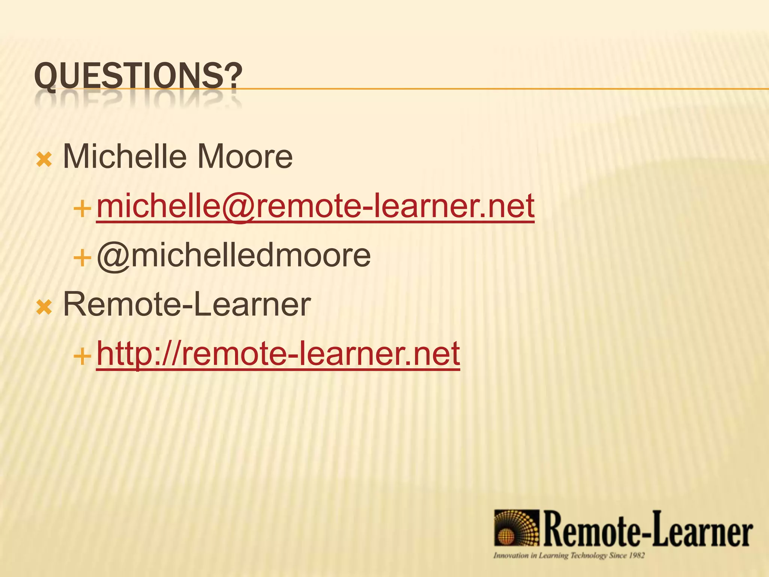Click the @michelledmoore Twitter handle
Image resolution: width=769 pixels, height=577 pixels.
point(234,255)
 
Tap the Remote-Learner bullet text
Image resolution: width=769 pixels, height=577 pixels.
point(187,304)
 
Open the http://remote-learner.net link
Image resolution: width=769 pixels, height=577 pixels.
point(278,353)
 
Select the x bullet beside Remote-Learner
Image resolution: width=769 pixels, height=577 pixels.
point(44,308)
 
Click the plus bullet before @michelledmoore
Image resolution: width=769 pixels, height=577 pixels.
point(82,258)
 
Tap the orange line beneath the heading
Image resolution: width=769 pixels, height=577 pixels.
point(488,89)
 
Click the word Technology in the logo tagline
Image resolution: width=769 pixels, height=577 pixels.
point(588,555)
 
